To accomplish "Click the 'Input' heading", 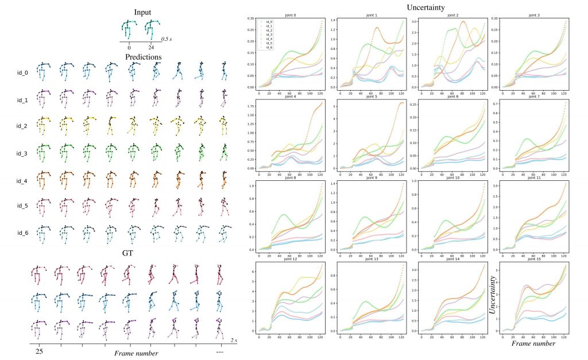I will coord(143,12).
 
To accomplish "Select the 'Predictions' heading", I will coord(143,57).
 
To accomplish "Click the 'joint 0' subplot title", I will coord(285,14).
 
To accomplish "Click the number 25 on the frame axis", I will coord(40,351).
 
